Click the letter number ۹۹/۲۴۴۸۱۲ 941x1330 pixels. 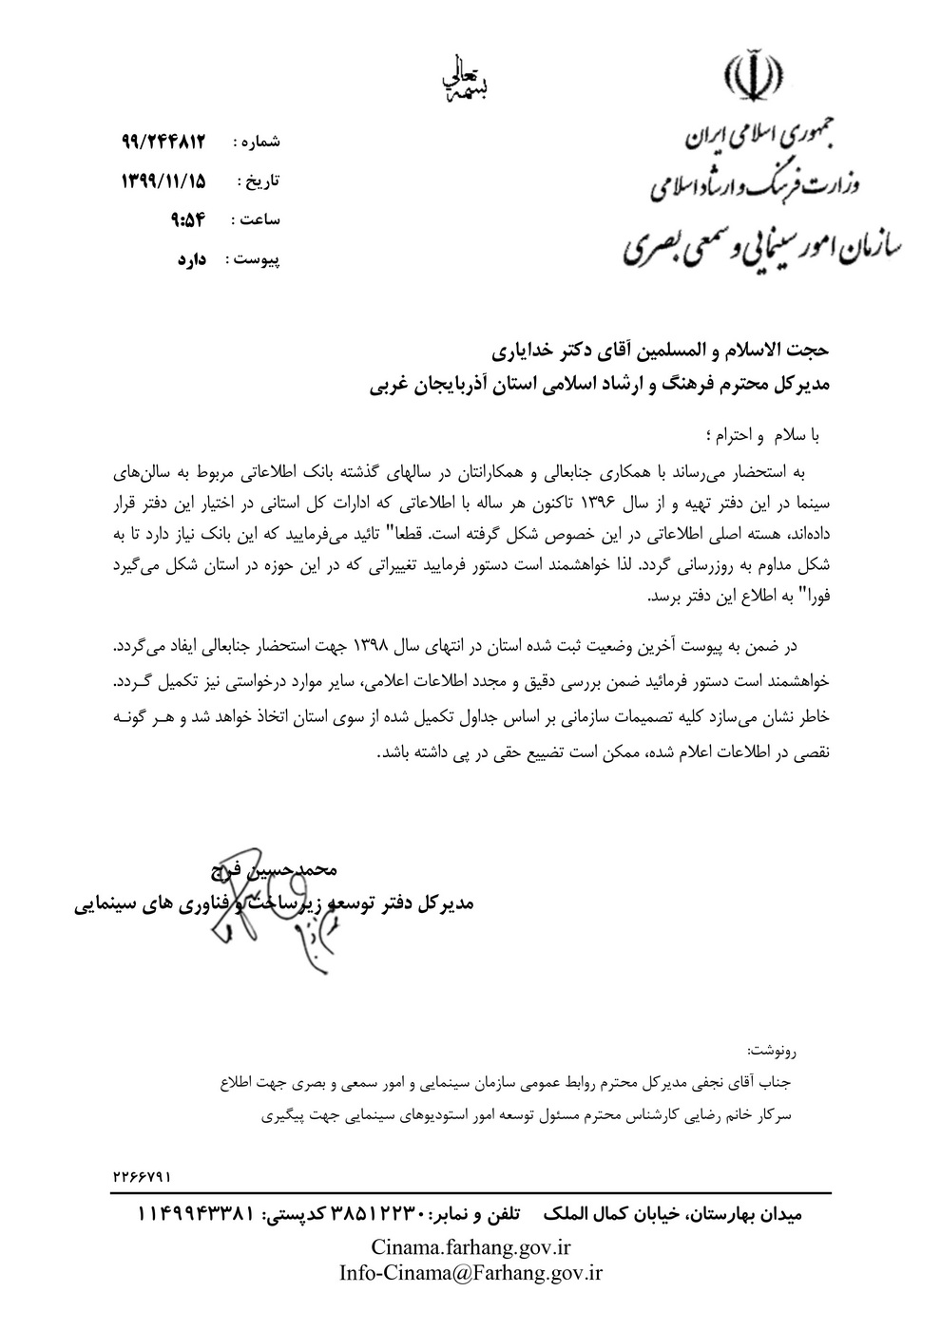163,141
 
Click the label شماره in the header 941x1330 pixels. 257,142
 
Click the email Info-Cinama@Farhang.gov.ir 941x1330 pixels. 470,1272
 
